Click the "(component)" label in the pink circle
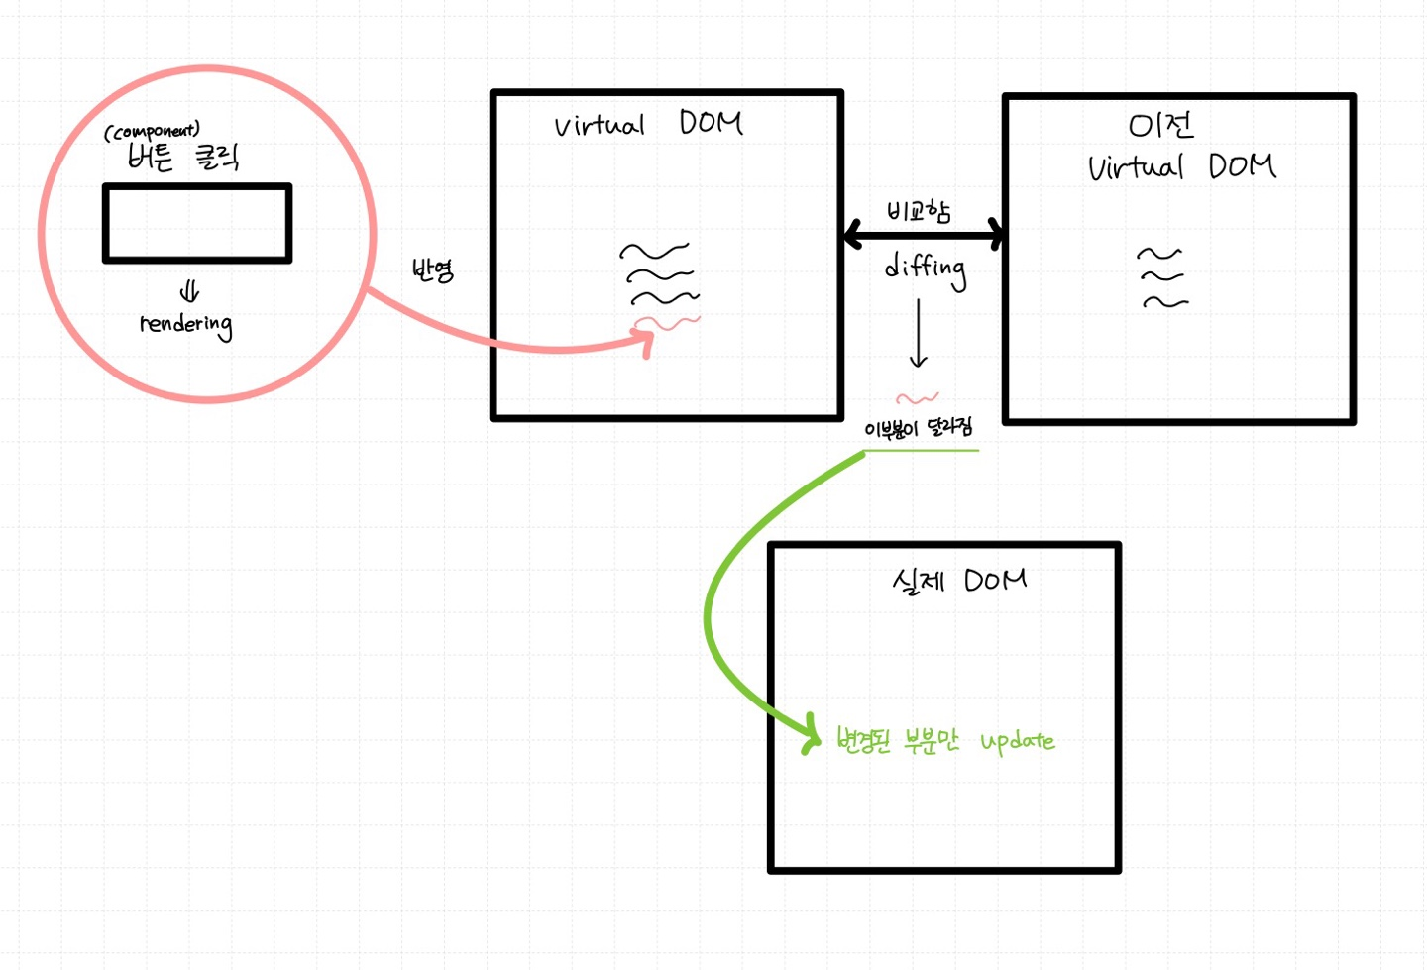point(152,131)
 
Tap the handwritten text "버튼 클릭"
point(183,157)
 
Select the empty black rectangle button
point(197,223)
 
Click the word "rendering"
point(186,324)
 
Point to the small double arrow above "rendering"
point(189,291)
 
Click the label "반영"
point(432,270)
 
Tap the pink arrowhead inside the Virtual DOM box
point(645,342)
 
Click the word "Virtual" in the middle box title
point(599,126)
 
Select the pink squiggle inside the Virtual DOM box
point(668,322)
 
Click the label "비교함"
point(919,211)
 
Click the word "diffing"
point(926,269)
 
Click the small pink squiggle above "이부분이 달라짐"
point(917,398)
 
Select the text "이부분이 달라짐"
point(919,428)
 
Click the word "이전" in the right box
point(1160,126)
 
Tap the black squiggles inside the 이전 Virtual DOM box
point(1162,278)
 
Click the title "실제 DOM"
point(958,580)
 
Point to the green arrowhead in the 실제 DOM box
point(813,734)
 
